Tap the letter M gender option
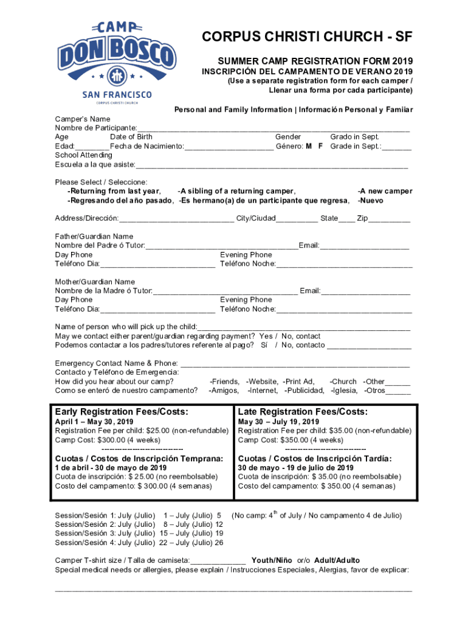pyautogui.click(x=309, y=147)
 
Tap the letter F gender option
pyautogui.click(x=320, y=147)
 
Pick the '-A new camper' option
pyautogui.click(x=385, y=191)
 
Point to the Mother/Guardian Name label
pyautogui.click(x=95, y=282)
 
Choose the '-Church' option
pyautogui.click(x=343, y=381)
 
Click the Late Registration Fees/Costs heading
pyautogui.click(x=303, y=412)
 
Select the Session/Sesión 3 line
pyautogui.click(x=139, y=533)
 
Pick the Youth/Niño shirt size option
pyautogui.click(x=272, y=560)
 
